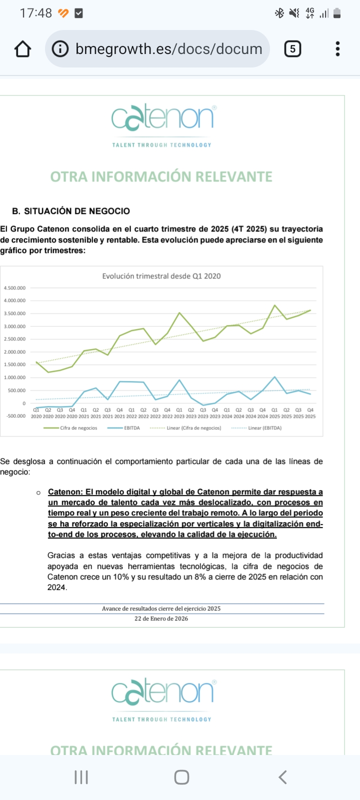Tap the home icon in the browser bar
click(23, 49)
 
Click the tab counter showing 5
click(292, 49)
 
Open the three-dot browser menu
click(338, 49)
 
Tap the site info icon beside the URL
click(60, 49)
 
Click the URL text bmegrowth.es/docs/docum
click(169, 49)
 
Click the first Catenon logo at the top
click(162, 118)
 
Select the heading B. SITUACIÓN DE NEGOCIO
click(71, 211)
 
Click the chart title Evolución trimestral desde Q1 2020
click(161, 276)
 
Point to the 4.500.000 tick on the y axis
click(14, 288)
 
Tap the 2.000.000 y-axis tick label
click(14, 352)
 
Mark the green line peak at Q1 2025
click(274, 305)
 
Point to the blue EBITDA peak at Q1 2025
click(274, 377)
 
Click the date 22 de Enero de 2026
click(161, 618)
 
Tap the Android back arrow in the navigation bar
click(282, 777)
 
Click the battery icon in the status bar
click(337, 13)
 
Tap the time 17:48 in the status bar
click(35, 13)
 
